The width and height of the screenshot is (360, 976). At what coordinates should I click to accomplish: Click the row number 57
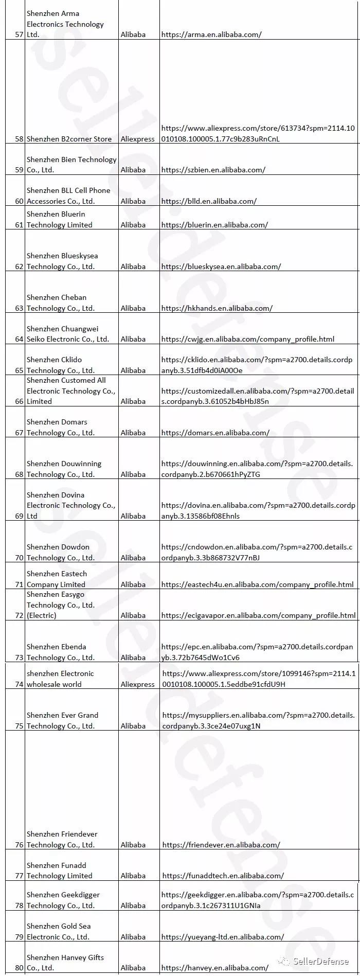(20, 35)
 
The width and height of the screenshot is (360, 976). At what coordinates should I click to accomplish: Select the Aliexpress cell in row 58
(137, 139)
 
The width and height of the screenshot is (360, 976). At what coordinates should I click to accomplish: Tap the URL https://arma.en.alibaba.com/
(211, 35)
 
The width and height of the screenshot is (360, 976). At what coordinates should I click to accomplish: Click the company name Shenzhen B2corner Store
(69, 139)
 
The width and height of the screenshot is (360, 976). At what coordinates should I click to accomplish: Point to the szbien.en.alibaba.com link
(213, 170)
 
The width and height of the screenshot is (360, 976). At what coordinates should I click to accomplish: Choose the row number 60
(20, 201)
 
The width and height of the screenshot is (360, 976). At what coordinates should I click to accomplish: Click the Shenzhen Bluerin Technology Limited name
(60, 220)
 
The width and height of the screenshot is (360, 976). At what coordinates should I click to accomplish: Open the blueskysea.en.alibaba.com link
(221, 267)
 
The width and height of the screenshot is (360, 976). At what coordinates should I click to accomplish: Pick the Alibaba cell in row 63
(133, 308)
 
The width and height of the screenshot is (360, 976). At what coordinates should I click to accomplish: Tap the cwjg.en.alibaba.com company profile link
(247, 339)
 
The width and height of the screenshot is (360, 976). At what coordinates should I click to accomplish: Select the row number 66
(20, 401)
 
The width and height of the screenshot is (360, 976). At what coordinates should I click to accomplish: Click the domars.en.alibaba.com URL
(215, 433)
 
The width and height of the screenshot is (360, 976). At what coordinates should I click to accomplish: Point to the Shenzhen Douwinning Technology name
(64, 469)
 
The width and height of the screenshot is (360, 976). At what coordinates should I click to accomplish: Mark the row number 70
(20, 558)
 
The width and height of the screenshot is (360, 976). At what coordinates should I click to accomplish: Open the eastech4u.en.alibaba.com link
(257, 584)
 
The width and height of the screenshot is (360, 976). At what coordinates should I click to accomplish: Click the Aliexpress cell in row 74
(137, 684)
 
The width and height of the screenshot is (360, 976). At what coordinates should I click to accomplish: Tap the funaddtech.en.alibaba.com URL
(223, 876)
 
